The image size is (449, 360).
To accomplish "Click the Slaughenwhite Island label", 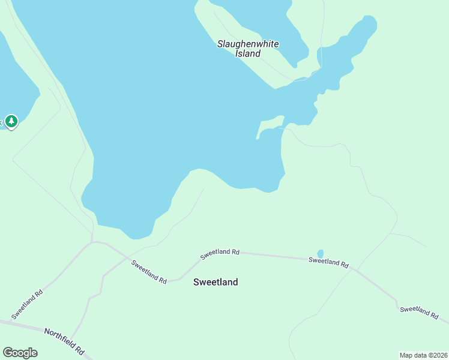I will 247,49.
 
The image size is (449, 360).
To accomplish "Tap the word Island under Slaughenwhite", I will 248,53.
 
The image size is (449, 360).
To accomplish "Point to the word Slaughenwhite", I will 247,44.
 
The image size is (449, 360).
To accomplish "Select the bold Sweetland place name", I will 215,282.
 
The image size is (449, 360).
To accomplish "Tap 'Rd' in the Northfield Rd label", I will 79,347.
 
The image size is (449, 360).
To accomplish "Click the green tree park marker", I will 11,121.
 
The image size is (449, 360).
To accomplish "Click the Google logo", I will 20,353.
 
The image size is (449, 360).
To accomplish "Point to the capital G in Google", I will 7,352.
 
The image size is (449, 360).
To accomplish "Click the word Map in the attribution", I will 406,355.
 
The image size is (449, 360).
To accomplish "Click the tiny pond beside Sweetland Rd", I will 320,254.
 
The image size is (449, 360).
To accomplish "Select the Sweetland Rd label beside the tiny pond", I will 328,262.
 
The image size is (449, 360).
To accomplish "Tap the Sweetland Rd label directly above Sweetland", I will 220,253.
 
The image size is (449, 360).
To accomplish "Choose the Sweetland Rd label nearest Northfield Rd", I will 28,304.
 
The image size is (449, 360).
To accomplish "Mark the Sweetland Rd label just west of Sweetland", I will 148,271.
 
